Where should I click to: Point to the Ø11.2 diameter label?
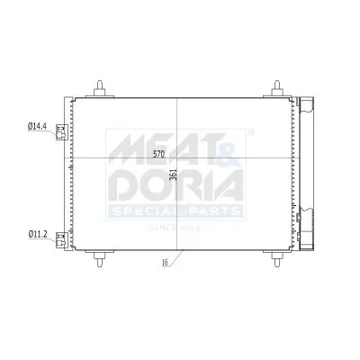pyautogui.click(x=39, y=236)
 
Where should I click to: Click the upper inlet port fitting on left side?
pyautogui.click(x=60, y=131)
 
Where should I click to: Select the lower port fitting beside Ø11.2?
pyautogui.click(x=60, y=238)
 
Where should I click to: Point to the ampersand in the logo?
pyautogui.click(x=225, y=144)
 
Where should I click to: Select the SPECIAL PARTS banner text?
pyautogui.click(x=175, y=212)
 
